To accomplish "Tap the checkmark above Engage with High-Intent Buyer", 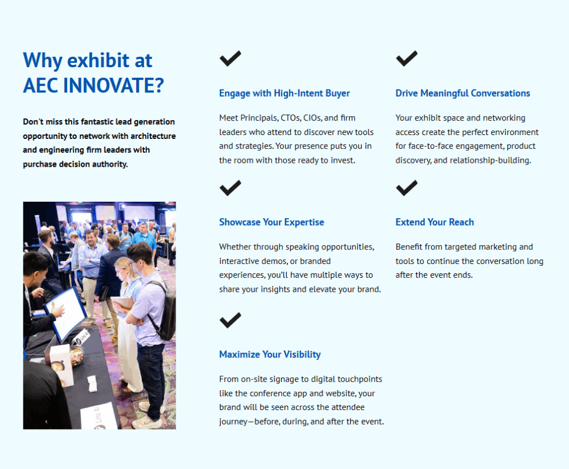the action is pyautogui.click(x=230, y=58).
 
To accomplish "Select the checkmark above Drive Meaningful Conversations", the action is pyautogui.click(x=406, y=58).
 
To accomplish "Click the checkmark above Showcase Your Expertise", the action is pyautogui.click(x=230, y=188).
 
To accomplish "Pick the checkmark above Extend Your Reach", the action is pyautogui.click(x=406, y=188).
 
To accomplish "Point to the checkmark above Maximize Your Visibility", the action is pyautogui.click(x=230, y=320).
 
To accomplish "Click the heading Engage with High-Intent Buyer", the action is pyautogui.click(x=284, y=93).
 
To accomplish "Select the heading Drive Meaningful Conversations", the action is pyautogui.click(x=463, y=93).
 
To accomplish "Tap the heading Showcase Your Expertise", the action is pyautogui.click(x=271, y=222).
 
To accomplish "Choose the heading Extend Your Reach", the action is pyautogui.click(x=435, y=222).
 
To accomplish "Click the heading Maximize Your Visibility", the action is pyautogui.click(x=270, y=355).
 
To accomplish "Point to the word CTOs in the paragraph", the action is pyautogui.click(x=291, y=118).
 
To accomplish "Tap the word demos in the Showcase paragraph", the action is pyautogui.click(x=275, y=261).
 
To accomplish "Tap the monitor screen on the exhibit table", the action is pyautogui.click(x=67, y=313).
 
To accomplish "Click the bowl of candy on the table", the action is pyautogui.click(x=77, y=355).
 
